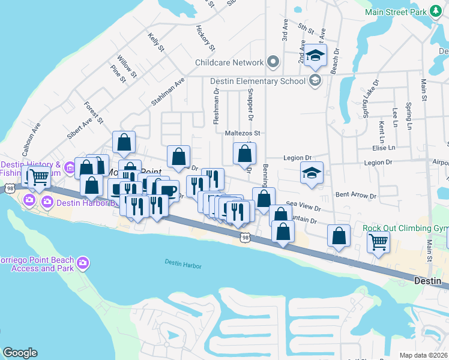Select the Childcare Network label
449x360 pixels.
point(229,62)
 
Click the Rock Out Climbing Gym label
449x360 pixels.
point(405,229)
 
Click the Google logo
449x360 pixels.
point(20,353)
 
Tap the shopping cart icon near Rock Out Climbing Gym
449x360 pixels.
point(379,242)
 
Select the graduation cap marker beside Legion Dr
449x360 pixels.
point(312,173)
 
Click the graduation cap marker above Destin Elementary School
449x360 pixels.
point(315,57)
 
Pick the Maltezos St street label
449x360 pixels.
point(243,133)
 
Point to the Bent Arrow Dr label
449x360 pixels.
point(355,195)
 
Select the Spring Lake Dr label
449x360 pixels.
point(370,98)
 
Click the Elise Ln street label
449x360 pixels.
point(384,148)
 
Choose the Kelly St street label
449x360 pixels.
point(156,41)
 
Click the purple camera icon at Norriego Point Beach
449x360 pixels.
point(83,263)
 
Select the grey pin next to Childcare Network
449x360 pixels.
point(273,62)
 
